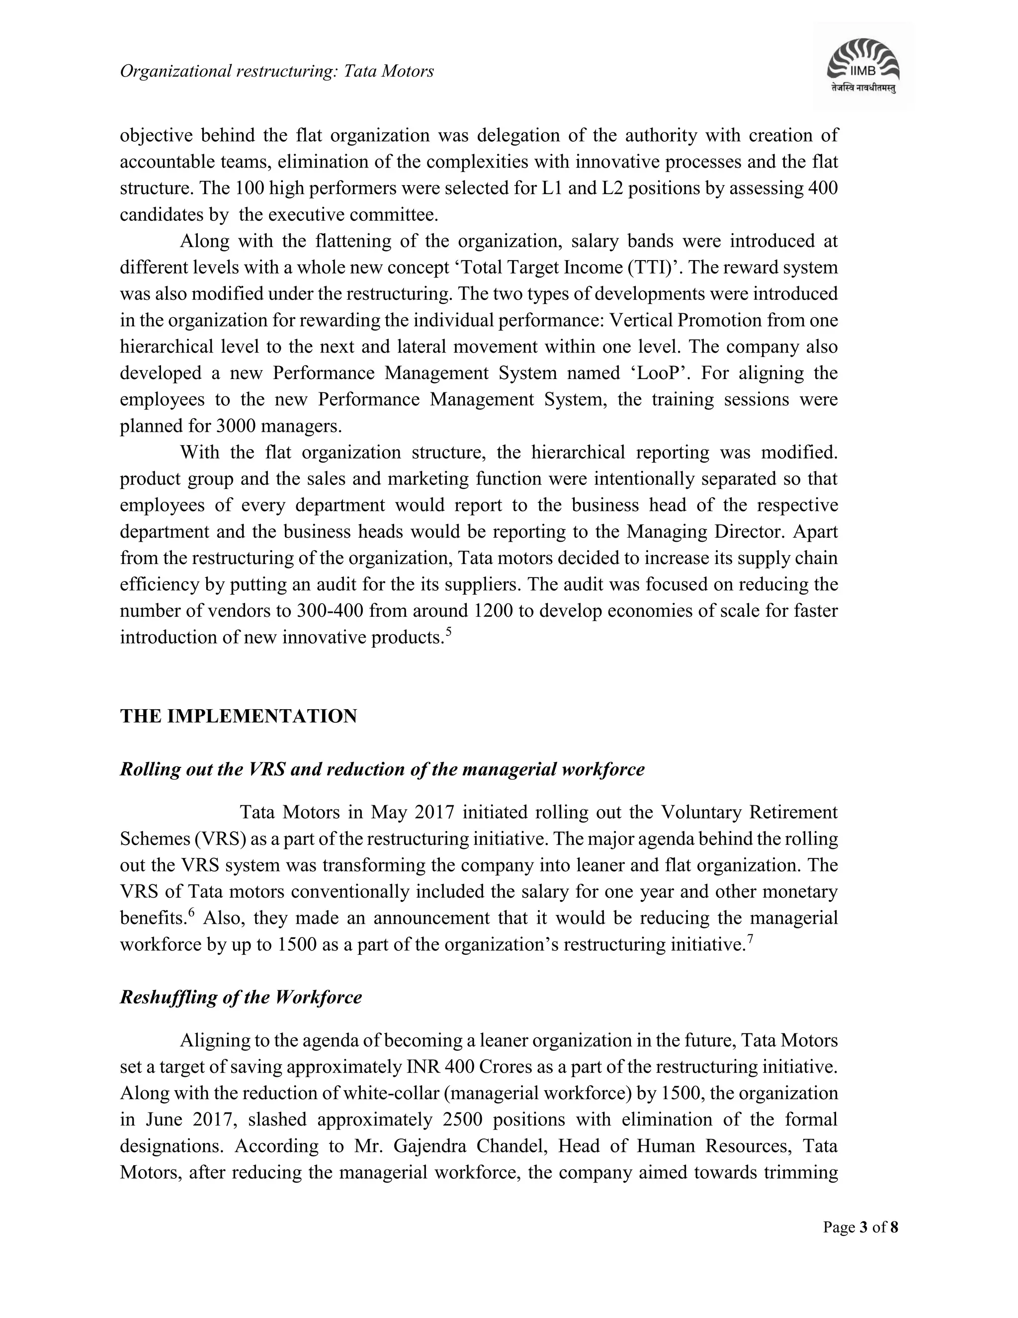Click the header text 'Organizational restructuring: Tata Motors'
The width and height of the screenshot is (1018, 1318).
pos(277,71)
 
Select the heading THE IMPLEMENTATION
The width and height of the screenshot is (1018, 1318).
pos(238,716)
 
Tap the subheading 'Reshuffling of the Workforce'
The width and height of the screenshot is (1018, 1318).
pos(241,997)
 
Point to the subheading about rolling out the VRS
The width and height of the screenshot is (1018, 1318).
pos(382,769)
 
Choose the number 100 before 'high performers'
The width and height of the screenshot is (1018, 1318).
pos(249,189)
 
